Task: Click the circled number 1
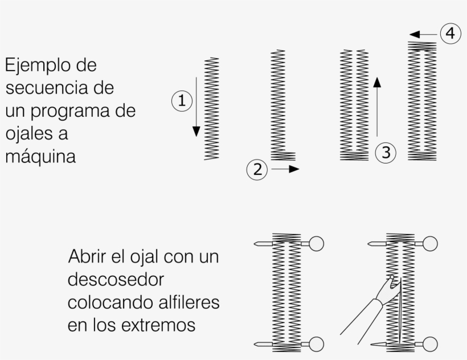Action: pyautogui.click(x=182, y=101)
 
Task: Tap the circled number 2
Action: pyautogui.click(x=257, y=169)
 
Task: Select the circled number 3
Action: pyautogui.click(x=386, y=153)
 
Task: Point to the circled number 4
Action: pyautogui.click(x=450, y=34)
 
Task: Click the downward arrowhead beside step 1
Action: pyautogui.click(x=196, y=132)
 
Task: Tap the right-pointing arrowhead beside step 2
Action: pyautogui.click(x=294, y=169)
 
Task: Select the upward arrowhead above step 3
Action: pyautogui.click(x=377, y=82)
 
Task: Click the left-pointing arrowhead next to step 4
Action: pyautogui.click(x=415, y=35)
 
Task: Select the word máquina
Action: pyautogui.click(x=40, y=156)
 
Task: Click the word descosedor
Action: pyautogui.click(x=116, y=279)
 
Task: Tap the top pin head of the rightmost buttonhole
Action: pyautogui.click(x=430, y=244)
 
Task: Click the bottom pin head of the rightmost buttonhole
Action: pyautogui.click(x=430, y=344)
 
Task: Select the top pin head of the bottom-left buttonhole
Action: pyautogui.click(x=316, y=244)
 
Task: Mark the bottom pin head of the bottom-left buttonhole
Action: pyautogui.click(x=316, y=344)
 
